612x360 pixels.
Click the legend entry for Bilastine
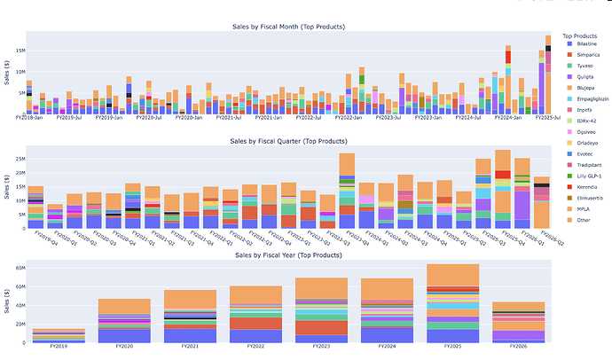[x=578, y=43]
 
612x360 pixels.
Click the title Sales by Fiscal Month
[x=287, y=27]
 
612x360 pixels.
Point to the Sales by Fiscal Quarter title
[x=287, y=141]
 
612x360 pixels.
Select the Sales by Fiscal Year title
[x=287, y=254]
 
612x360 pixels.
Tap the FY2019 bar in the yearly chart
[x=35, y=337]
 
